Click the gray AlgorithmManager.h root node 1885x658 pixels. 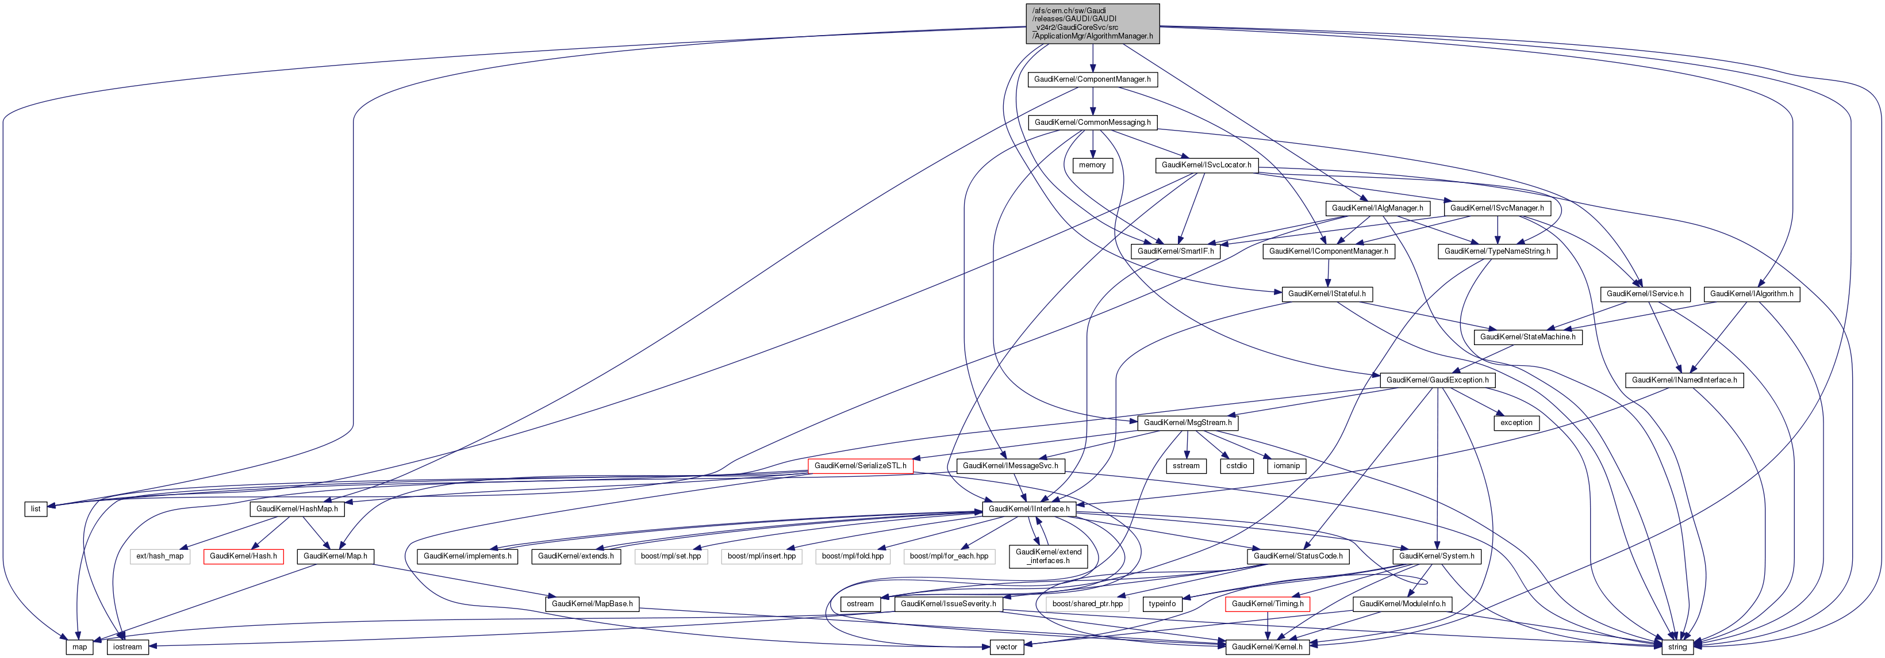(1092, 24)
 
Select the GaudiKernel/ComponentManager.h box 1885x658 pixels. (1092, 79)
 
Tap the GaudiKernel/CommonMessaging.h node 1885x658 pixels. (1092, 123)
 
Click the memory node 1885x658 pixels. (1092, 166)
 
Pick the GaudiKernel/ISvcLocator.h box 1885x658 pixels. (1206, 166)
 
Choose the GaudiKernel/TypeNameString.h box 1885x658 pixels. (1497, 251)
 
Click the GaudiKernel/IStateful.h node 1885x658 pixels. (1326, 293)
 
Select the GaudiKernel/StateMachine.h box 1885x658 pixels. (1528, 336)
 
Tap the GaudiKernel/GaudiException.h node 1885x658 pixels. (1437, 380)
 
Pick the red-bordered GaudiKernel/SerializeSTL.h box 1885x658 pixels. (860, 465)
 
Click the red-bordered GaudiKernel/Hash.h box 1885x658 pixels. (243, 556)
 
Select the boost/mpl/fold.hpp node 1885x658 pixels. (853, 556)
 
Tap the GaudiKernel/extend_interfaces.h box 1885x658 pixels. (1048, 556)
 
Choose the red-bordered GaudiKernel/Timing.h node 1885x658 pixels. (1266, 604)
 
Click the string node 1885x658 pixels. (1676, 647)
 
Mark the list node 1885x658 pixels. (36, 508)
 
